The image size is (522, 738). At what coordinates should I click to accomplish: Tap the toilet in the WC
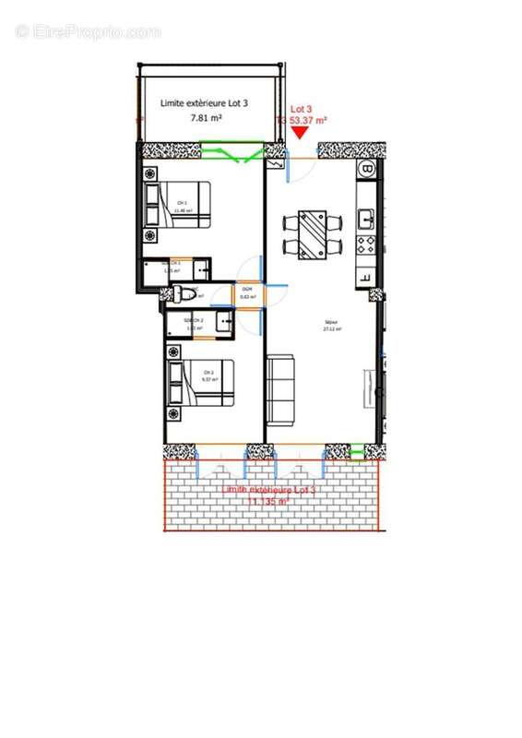pyautogui.click(x=187, y=294)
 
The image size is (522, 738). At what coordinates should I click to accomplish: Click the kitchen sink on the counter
pyautogui.click(x=365, y=219)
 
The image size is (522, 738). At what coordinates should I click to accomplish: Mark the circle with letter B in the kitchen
pyautogui.click(x=367, y=171)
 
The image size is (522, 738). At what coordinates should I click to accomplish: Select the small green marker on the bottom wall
pyautogui.click(x=357, y=451)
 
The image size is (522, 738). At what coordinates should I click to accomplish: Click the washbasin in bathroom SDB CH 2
pyautogui.click(x=223, y=322)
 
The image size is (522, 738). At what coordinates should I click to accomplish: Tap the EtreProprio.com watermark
pyautogui.click(x=89, y=32)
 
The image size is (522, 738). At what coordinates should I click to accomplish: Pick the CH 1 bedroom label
pyautogui.click(x=183, y=206)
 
